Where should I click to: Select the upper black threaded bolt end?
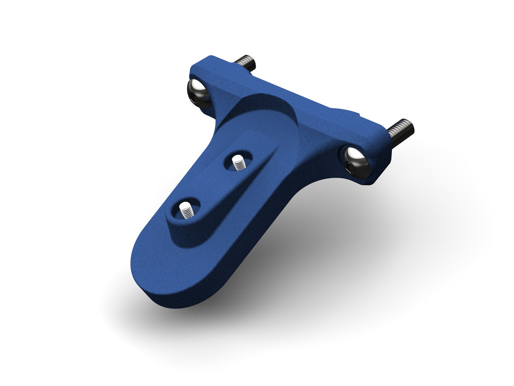(x=247, y=62)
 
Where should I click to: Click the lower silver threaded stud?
(x=186, y=211)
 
